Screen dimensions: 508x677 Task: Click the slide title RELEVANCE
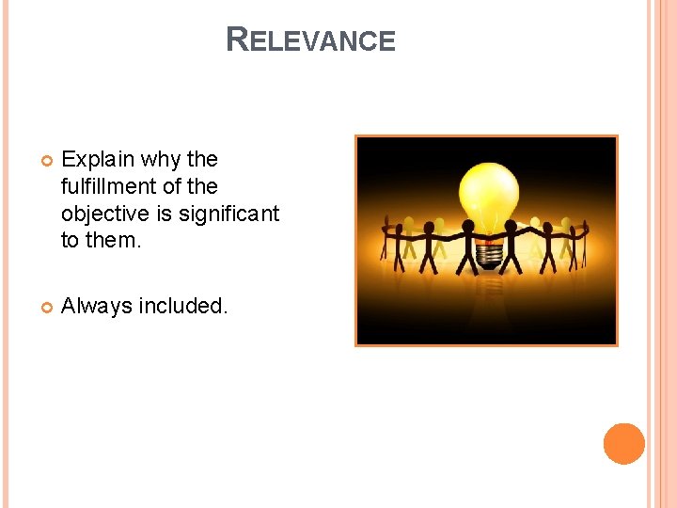(311, 40)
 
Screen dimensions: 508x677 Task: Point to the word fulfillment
(106, 186)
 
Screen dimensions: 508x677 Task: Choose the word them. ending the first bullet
(114, 240)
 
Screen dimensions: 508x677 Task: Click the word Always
(96, 306)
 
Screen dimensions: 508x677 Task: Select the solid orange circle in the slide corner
(624, 444)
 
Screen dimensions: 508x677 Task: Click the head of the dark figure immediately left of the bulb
(466, 227)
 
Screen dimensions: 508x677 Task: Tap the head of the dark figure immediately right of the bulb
(511, 227)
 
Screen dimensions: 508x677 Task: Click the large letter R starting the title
(237, 40)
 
